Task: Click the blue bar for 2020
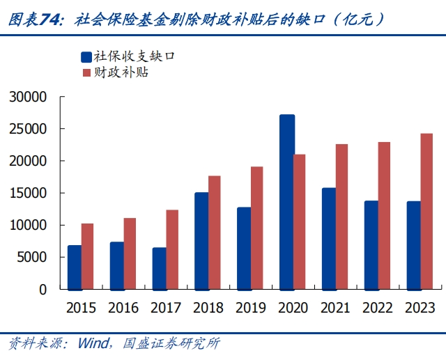click(287, 202)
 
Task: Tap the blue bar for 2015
click(75, 267)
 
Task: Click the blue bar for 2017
click(160, 268)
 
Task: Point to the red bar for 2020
click(300, 221)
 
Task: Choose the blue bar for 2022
click(371, 244)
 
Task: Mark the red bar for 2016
click(130, 253)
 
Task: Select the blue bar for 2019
click(244, 248)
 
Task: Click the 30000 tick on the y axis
click(28, 97)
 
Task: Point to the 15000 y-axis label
click(28, 193)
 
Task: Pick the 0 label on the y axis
click(43, 289)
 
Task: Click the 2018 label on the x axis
click(208, 308)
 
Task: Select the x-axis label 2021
click(335, 308)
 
